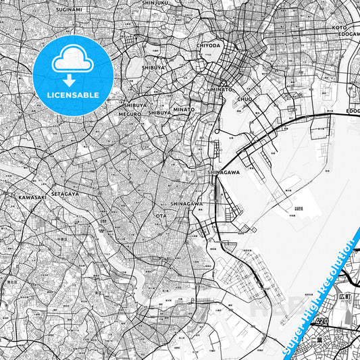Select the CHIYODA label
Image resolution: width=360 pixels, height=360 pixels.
(x=208, y=45)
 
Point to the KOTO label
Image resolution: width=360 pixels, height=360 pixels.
(x=339, y=28)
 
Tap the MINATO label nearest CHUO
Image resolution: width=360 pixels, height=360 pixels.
(x=221, y=89)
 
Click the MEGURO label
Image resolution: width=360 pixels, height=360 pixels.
(x=130, y=114)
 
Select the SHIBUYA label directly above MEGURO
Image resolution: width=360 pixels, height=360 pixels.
(x=136, y=105)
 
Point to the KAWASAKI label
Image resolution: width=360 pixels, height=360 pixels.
(x=32, y=197)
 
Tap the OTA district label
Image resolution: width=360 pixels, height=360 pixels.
(x=161, y=215)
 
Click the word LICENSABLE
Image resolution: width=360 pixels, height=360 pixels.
(x=74, y=95)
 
